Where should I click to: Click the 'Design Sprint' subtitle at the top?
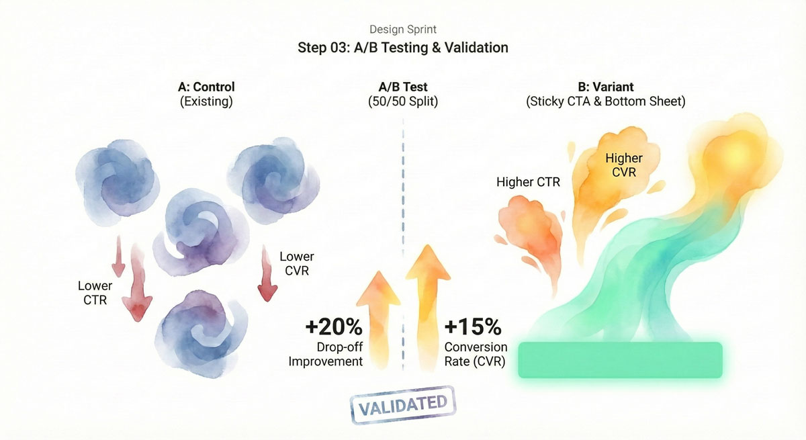coord(402,29)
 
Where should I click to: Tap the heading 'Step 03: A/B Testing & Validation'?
coord(402,48)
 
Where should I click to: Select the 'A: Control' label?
coord(206,87)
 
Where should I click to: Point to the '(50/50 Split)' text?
coord(402,101)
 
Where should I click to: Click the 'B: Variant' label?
coord(606,87)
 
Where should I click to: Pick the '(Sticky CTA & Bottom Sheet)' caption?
coord(606,101)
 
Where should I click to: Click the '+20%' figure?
coord(334,326)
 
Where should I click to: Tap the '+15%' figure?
coord(473,326)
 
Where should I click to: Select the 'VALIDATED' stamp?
coord(403,406)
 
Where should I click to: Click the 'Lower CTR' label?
coord(95,293)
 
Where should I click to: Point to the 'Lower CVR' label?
coord(297,264)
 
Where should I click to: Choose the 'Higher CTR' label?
coord(528,182)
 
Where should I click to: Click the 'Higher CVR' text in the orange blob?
coord(624,165)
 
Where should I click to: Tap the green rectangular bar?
coord(621,360)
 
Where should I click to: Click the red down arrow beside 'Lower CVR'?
coord(267,273)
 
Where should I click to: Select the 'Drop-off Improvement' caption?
coord(326,355)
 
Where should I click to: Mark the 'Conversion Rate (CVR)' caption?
coord(476,355)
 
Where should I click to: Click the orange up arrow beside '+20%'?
coord(379,320)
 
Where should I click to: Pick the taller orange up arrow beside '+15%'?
coord(428,308)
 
